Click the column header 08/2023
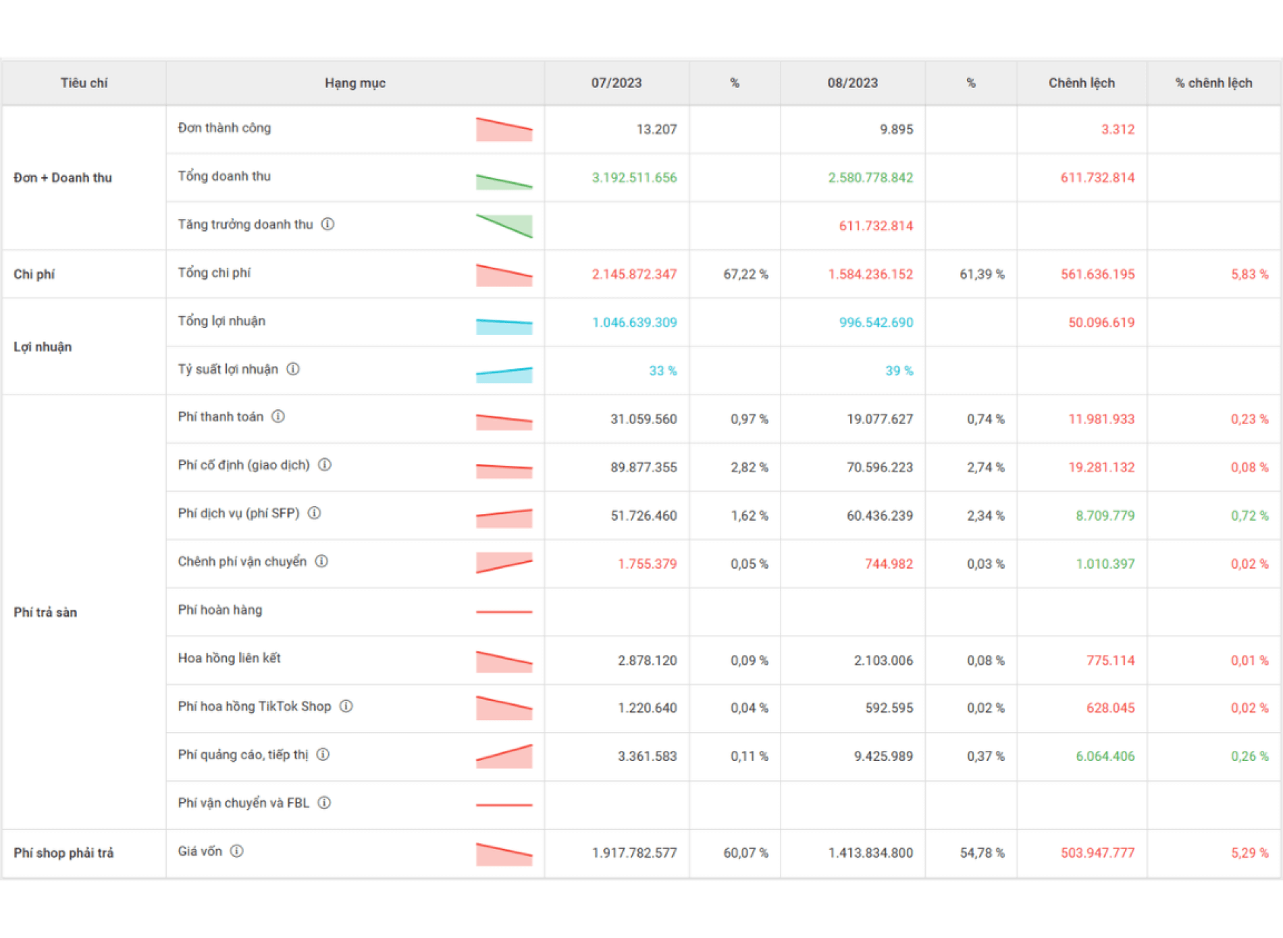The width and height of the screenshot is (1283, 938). [852, 83]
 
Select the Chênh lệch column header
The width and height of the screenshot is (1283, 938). [1081, 83]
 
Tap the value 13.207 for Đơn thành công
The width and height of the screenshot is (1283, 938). [656, 130]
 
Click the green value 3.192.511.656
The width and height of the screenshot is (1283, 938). [634, 178]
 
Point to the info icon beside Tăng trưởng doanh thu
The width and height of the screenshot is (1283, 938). [328, 224]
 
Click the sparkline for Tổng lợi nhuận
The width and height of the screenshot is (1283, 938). [504, 325]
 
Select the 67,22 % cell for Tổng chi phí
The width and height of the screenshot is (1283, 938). [745, 274]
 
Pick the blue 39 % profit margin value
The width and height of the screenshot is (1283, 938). [899, 371]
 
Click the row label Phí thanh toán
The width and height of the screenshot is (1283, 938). [221, 417]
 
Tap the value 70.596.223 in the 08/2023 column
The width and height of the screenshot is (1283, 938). [879, 467]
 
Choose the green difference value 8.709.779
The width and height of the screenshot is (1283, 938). [1105, 516]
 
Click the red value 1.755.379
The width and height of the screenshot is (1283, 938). [647, 564]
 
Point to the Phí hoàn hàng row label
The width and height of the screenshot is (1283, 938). [220, 610]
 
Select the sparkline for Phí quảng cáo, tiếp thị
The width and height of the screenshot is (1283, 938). [504, 756]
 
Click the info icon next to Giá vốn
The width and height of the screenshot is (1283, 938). [236, 852]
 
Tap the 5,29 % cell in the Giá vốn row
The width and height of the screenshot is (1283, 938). [1249, 853]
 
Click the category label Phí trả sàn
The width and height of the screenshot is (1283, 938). [45, 613]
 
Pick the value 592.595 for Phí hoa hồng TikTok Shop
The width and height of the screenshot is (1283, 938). [889, 708]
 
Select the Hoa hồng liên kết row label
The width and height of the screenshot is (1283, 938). [230, 658]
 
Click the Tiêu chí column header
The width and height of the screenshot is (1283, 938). [84, 83]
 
